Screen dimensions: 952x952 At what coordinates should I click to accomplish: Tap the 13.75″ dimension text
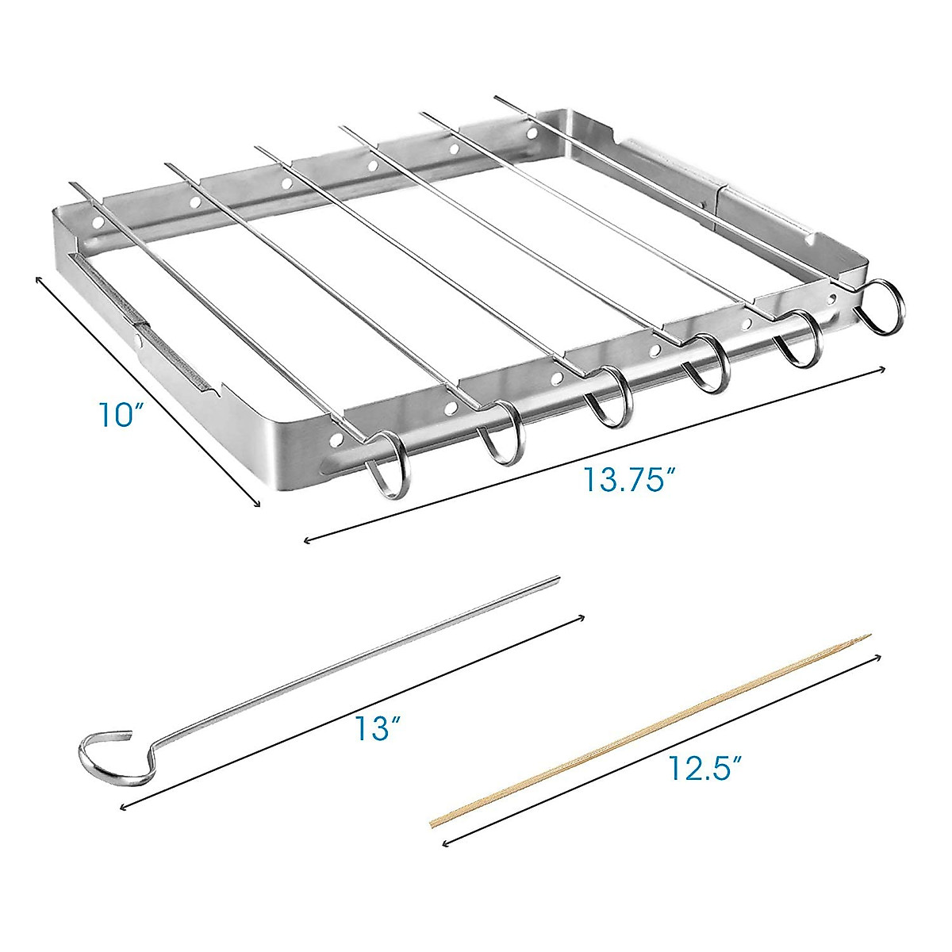pyautogui.click(x=629, y=479)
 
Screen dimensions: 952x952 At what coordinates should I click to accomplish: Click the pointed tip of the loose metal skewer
pyautogui.click(x=557, y=579)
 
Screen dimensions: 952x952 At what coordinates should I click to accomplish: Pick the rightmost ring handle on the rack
pyautogui.click(x=882, y=305)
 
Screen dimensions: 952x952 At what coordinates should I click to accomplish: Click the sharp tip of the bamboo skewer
pyautogui.click(x=869, y=635)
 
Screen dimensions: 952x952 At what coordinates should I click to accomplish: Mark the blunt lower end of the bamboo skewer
pyautogui.click(x=432, y=823)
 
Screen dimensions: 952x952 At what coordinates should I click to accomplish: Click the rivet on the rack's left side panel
pyautogui.click(x=138, y=340)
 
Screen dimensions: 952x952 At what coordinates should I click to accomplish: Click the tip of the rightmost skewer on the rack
pyautogui.click(x=497, y=98)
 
